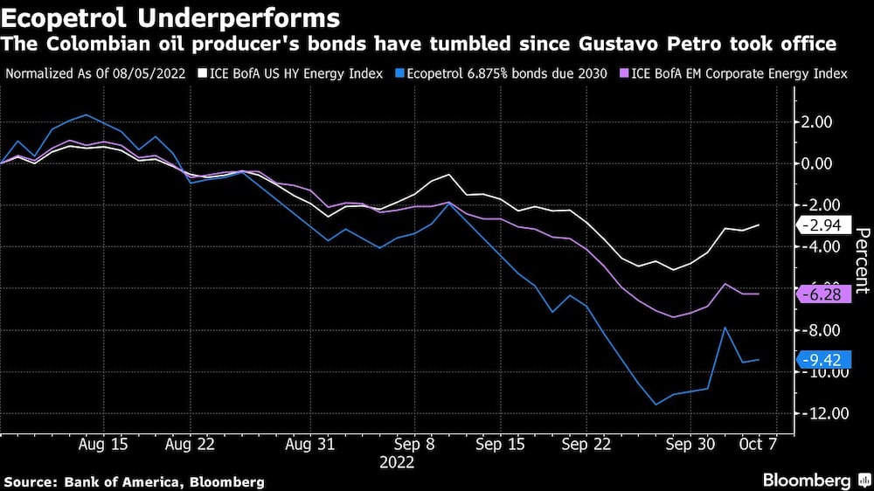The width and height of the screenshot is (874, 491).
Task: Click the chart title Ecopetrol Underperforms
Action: point(170,17)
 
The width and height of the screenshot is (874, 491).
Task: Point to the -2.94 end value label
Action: point(822,225)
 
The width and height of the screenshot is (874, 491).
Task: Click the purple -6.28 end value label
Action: point(822,294)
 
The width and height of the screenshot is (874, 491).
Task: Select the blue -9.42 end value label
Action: point(822,359)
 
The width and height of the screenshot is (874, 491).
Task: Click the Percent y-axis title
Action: point(861,259)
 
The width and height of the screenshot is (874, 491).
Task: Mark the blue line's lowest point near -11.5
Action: point(655,405)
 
